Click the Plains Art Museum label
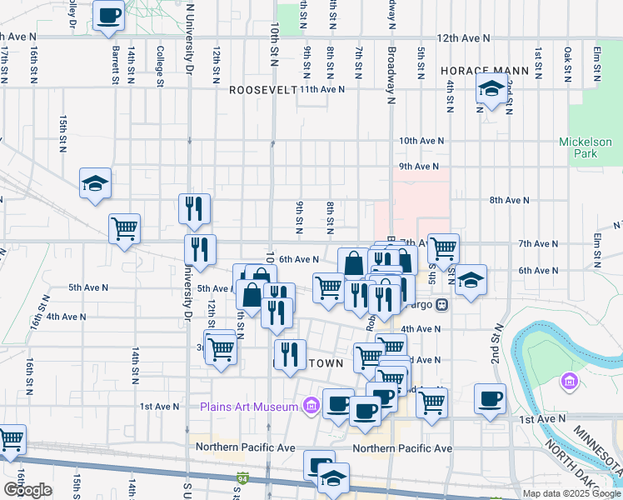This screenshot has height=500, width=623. tap(248, 407)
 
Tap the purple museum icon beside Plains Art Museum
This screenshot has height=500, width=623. tap(311, 406)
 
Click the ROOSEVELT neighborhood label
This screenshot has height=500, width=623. tap(262, 89)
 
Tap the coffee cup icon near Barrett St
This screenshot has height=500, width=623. tap(109, 15)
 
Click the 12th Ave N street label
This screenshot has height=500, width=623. tap(461, 37)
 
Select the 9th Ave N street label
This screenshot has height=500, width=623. tap(418, 167)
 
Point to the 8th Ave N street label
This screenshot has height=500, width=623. tap(510, 200)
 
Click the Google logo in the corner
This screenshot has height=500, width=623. tap(27, 489)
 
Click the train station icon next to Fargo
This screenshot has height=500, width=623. tap(442, 304)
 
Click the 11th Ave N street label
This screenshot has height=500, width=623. tap(322, 89)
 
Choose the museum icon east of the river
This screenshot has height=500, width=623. tap(571, 382)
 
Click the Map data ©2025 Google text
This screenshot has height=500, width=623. tap(571, 493)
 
